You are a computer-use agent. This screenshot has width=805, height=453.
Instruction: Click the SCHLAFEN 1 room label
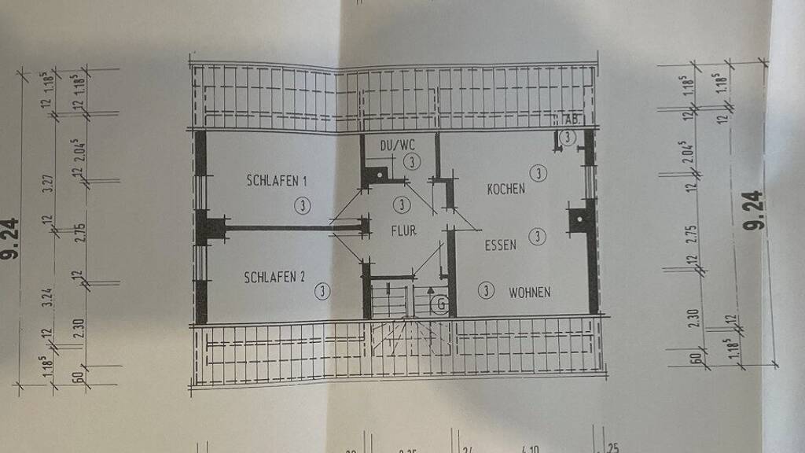click(277, 181)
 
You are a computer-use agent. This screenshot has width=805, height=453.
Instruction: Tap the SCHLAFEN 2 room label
click(274, 277)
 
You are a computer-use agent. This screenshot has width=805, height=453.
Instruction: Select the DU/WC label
click(396, 145)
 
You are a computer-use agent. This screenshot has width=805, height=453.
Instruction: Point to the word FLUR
click(403, 231)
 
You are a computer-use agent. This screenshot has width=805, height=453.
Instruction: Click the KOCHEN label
click(505, 189)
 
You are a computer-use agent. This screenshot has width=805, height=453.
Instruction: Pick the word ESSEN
click(500, 245)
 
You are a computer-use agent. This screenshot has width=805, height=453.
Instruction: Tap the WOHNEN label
click(529, 293)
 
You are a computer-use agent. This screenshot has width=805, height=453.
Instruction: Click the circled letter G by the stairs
click(441, 304)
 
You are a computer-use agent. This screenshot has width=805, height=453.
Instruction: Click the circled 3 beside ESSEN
click(538, 235)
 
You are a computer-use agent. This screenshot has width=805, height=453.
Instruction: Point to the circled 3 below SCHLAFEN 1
click(303, 206)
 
